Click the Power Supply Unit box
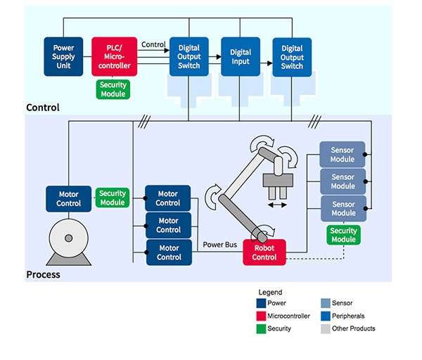pos(64,56)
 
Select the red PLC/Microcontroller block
pos(115,56)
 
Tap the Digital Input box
pos(241,56)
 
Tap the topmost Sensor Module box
pos(343,155)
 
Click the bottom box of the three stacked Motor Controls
pos(168,252)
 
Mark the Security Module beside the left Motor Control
pos(113,198)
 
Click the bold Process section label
pos(44,274)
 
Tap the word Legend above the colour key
pos(270,292)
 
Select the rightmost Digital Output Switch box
pos(292,56)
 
